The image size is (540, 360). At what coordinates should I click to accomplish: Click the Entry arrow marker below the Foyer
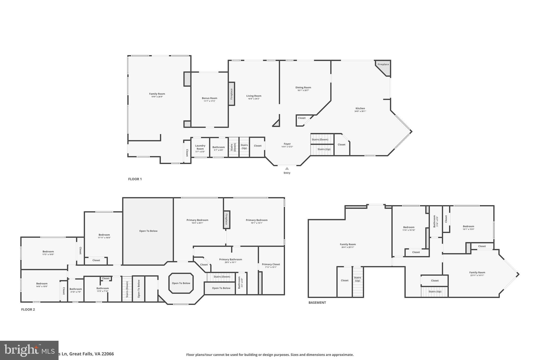[287, 169]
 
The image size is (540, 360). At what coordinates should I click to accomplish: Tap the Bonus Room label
[209, 98]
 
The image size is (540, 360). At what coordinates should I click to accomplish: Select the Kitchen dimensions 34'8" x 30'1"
[360, 111]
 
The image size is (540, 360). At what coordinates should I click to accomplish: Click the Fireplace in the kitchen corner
[383, 65]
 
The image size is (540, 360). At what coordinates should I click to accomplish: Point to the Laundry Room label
[200, 147]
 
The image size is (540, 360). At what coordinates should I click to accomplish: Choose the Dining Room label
[303, 88]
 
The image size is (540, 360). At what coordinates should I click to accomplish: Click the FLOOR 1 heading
[135, 179]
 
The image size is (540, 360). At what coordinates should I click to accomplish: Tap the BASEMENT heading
[317, 303]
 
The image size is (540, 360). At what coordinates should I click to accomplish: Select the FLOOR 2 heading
[28, 310]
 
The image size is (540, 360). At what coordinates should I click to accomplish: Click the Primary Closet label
[271, 264]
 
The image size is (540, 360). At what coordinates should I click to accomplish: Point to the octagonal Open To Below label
[181, 283]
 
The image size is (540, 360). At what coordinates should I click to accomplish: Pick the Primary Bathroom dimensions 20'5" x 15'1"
[230, 262]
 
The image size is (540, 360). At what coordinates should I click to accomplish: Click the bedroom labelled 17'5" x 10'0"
[48, 252]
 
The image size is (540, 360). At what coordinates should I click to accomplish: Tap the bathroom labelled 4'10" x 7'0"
[76, 289]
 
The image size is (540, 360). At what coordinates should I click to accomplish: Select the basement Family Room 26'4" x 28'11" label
[348, 244]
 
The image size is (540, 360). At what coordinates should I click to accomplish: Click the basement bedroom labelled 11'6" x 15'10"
[409, 227]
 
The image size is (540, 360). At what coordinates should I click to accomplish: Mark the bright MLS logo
[29, 350]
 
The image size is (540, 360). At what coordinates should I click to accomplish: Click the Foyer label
[287, 144]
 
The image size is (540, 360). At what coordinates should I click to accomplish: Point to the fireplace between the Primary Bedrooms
[226, 219]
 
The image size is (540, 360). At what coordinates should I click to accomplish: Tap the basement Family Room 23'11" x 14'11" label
[477, 273]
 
